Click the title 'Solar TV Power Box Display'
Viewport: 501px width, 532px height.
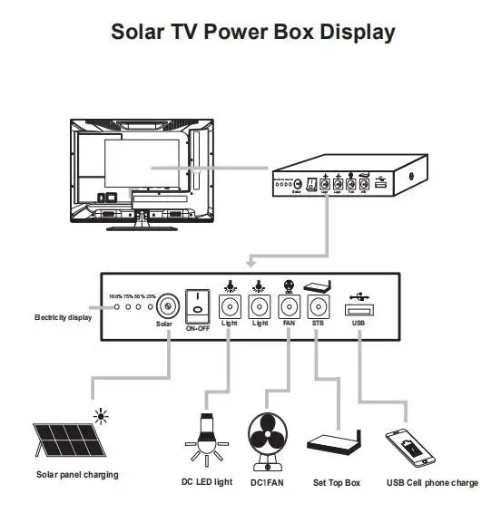[252, 32]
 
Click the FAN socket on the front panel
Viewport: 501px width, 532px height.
[290, 306]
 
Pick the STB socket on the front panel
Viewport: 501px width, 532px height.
[318, 306]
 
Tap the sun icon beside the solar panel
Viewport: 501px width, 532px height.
[101, 418]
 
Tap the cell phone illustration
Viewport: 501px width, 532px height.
[408, 448]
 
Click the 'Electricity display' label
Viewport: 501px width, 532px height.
[63, 318]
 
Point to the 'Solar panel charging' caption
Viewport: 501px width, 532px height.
[77, 475]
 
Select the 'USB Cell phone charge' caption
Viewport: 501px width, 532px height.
[432, 483]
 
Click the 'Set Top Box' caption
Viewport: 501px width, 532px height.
[336, 483]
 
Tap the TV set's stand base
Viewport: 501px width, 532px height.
[142, 226]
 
